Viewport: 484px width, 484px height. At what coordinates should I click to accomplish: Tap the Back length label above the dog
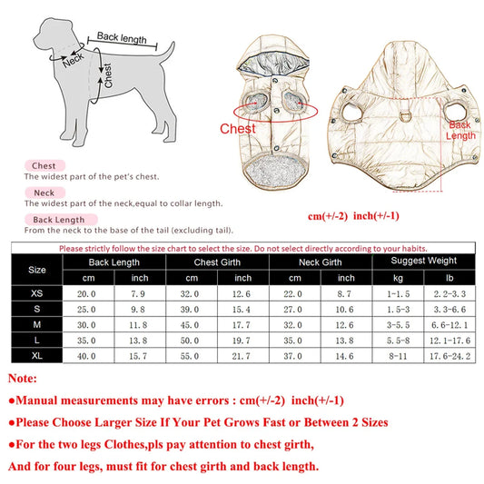coord(121,37)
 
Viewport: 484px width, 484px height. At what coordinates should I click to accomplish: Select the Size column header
coord(37,270)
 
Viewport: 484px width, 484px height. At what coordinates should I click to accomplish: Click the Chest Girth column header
coord(217,262)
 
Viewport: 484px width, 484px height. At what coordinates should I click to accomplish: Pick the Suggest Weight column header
coord(423,262)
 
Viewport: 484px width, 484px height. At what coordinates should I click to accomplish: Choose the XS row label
coord(37,294)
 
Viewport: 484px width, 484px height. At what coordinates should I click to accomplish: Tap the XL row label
coord(37,354)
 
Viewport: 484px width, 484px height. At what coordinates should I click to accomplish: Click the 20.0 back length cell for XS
coord(87,294)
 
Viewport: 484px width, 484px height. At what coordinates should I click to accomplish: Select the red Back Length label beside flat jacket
coord(459,129)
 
